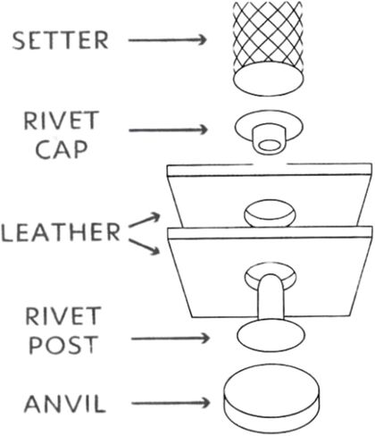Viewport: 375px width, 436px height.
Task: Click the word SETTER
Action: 60,40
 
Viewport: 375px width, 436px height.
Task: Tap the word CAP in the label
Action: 62,149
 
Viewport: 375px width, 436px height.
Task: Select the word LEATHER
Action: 61,232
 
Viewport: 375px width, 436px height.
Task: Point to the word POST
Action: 63,344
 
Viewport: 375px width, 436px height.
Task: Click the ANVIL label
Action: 65,404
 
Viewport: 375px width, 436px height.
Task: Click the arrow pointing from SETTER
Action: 167,39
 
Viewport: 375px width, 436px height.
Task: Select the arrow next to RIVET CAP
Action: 168,130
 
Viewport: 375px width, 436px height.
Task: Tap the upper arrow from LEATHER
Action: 145,220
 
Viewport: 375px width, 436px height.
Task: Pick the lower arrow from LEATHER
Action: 145,247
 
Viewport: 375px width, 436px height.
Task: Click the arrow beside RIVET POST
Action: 171,339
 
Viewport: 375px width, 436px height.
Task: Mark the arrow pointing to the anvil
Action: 171,403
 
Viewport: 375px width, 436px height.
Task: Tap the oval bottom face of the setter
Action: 269,79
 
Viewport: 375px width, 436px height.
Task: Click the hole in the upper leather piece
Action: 270,213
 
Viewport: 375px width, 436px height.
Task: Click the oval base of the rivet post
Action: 271,335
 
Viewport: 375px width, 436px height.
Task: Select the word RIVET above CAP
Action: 62,121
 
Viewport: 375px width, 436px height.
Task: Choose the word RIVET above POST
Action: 63,316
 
